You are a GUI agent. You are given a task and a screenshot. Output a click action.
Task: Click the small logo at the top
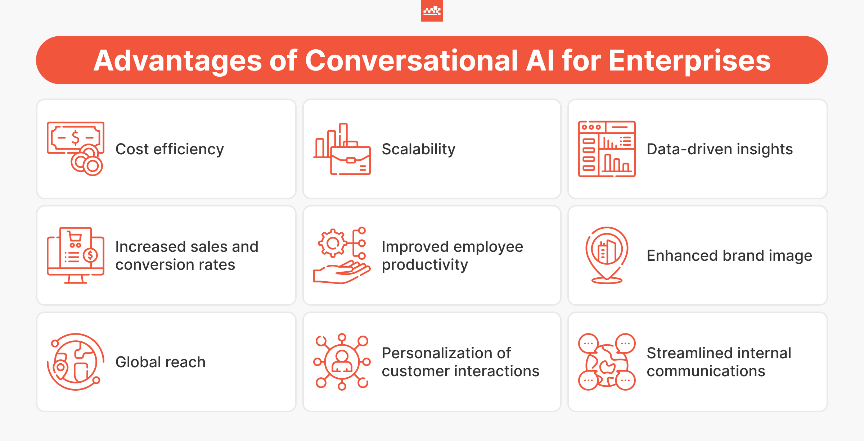click(x=432, y=11)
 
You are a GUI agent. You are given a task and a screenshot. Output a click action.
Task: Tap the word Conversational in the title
click(x=411, y=60)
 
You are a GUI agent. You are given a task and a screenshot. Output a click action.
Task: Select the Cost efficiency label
click(x=170, y=149)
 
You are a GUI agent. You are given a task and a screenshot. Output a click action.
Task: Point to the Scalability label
click(x=418, y=149)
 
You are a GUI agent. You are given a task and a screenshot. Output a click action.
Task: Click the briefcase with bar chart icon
click(x=342, y=149)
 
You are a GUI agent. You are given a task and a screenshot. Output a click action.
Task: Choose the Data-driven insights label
click(x=719, y=149)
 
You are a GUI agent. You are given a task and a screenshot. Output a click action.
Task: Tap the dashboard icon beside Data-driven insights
click(x=607, y=149)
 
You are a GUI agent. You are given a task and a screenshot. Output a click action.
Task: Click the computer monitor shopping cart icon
click(x=76, y=255)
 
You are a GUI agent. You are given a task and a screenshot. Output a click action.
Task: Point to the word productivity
click(x=425, y=265)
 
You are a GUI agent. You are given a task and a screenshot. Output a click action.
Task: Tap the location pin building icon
click(x=607, y=255)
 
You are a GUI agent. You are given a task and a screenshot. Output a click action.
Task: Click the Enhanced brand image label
click(x=729, y=255)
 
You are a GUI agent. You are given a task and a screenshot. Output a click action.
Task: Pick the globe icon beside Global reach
click(x=75, y=362)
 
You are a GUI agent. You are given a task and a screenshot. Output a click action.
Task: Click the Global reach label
click(x=160, y=362)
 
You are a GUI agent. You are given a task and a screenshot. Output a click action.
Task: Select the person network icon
click(x=342, y=362)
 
